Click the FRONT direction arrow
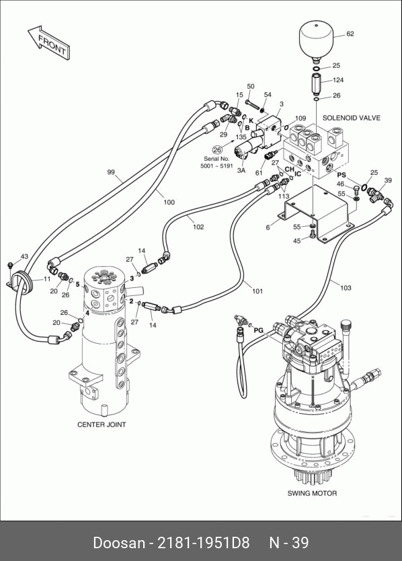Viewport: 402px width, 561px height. [49, 43]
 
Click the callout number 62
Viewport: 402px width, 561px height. [350, 34]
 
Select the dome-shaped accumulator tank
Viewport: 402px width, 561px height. [316, 41]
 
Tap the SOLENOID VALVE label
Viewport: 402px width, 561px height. [351, 118]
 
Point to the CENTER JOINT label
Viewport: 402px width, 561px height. [102, 424]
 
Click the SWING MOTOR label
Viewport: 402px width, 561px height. [312, 493]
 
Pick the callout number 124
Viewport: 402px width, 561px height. [338, 80]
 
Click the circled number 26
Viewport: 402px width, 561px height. [217, 150]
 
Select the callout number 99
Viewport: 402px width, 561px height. [111, 172]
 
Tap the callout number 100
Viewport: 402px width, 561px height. [169, 202]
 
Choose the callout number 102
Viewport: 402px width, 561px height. [198, 227]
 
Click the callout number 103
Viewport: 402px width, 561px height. [346, 288]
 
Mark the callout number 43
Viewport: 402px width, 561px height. [24, 256]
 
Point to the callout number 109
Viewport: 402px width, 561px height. [300, 118]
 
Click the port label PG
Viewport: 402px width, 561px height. [258, 330]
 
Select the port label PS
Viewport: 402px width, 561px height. [341, 175]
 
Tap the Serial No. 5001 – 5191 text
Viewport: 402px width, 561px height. [216, 162]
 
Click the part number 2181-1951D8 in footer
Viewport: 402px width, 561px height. [203, 542]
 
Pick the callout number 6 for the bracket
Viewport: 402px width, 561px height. [268, 227]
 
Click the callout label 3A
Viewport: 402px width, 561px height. [241, 171]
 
